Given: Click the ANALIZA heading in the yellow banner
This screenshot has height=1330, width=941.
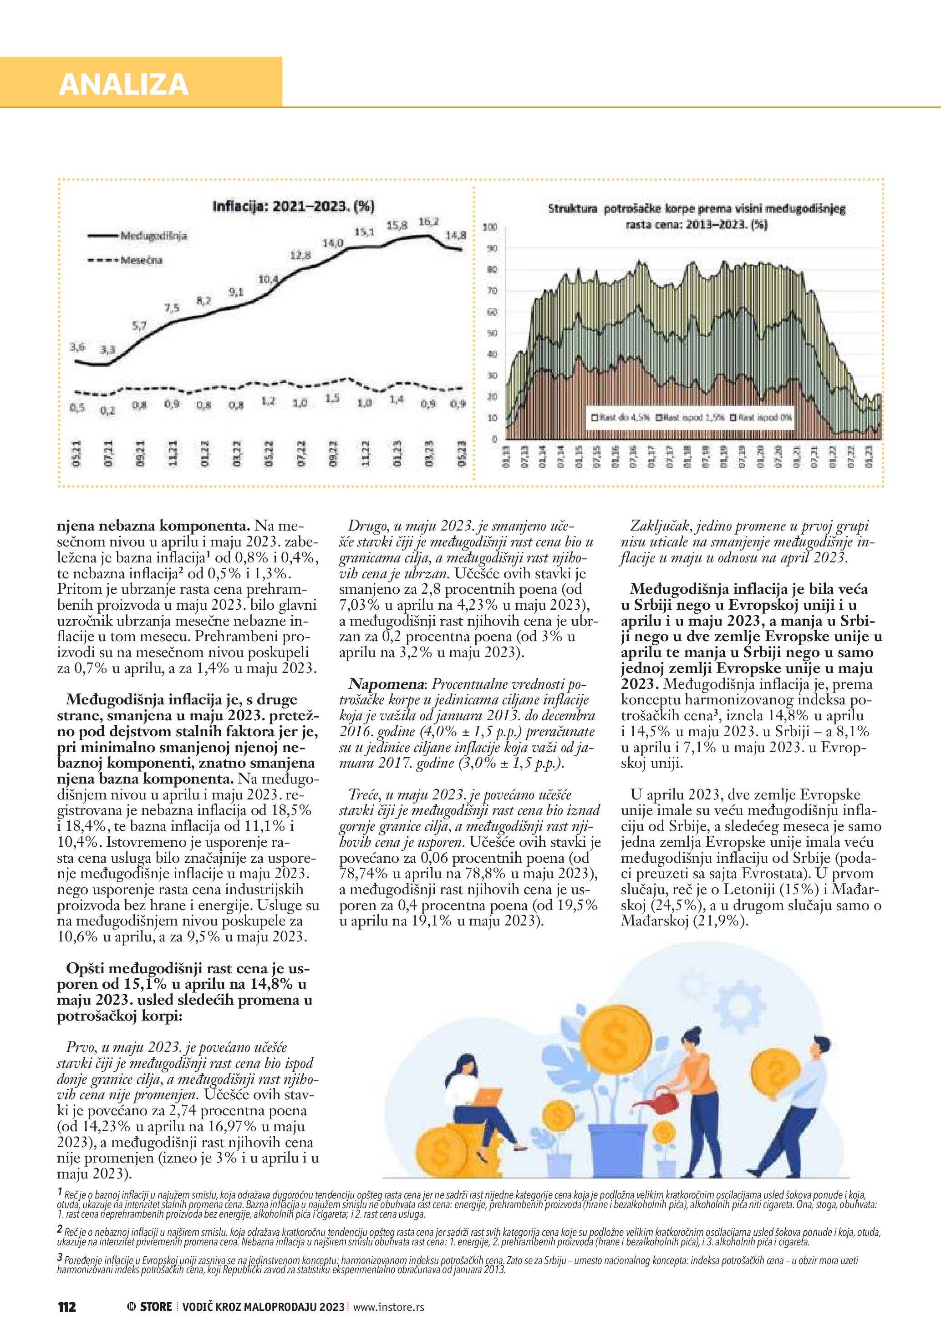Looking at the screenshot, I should coord(123,85).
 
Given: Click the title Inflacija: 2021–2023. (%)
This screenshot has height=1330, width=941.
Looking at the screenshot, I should coord(293,206).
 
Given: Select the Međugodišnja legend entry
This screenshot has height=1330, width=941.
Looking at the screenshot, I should coord(153,236).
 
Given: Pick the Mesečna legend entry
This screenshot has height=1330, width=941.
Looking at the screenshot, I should coord(142,260).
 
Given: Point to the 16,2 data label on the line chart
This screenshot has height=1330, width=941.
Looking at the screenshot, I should coord(429,221).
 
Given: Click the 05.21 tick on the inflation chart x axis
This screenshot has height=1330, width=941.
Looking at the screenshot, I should coord(76,453).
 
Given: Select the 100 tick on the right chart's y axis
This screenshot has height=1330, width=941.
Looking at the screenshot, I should coord(490,227).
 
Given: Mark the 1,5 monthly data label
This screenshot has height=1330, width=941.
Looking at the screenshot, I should coord(332,399).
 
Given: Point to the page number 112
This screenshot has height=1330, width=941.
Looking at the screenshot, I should coord(66,1307).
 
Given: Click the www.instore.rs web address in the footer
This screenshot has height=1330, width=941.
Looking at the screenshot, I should coord(389,1307).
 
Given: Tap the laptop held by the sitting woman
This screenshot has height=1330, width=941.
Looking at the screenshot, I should coord(488,1096).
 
